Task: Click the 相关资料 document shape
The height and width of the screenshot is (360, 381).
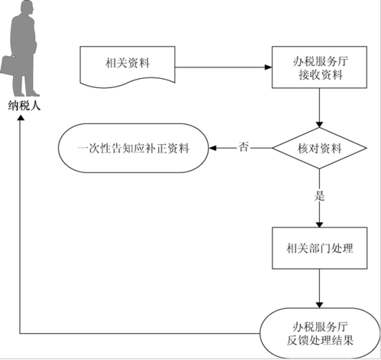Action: click(128, 67)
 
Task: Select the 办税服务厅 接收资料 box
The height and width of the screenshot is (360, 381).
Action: click(319, 67)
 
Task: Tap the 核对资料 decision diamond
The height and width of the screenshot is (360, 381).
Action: click(319, 148)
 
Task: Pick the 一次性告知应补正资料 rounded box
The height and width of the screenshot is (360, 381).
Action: click(133, 148)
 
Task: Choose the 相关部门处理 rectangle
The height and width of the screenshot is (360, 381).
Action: click(320, 248)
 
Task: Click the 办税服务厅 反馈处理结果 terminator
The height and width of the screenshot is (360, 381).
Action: click(320, 333)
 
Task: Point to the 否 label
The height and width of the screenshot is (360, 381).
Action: click(243, 147)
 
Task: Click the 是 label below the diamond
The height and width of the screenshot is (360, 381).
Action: click(320, 196)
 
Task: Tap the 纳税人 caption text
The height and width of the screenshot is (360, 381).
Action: click(24, 106)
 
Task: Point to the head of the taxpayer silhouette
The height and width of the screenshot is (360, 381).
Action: click(27, 8)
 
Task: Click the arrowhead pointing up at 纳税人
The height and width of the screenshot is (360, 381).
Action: click(21, 117)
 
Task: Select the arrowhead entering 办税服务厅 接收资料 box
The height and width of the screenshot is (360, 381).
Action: click(269, 67)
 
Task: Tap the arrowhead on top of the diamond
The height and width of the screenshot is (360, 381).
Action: click(319, 124)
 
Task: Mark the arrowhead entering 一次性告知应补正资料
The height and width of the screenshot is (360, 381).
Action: click(213, 148)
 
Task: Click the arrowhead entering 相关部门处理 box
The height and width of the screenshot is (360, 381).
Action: click(319, 224)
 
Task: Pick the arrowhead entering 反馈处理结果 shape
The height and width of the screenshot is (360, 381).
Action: click(319, 305)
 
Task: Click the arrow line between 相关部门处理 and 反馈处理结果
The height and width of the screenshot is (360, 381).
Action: click(319, 289)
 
